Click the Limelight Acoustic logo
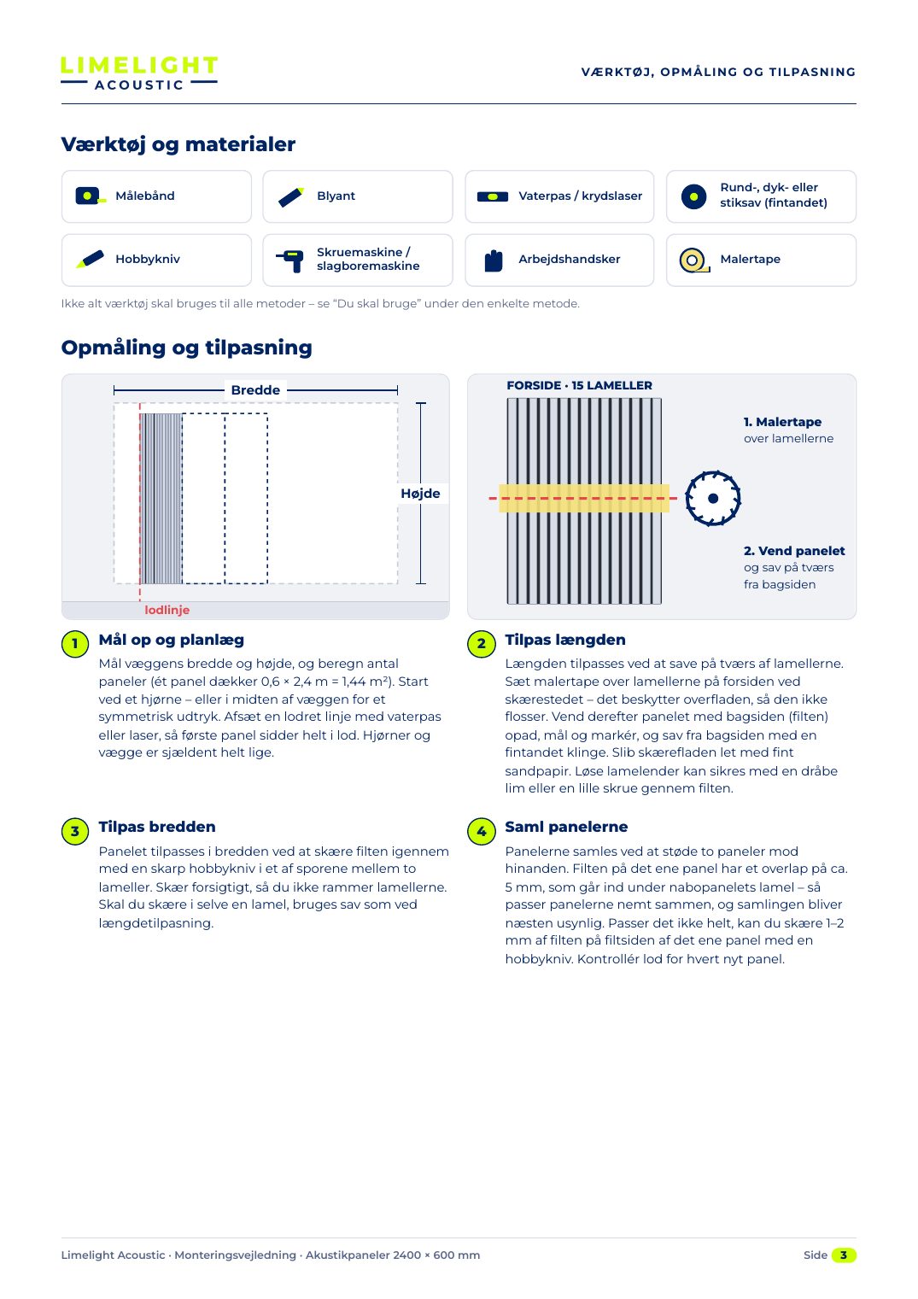point(139,73)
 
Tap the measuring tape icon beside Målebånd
point(91,196)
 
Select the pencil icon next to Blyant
point(290,197)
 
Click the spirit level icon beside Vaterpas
point(493,196)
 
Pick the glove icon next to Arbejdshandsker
point(493,260)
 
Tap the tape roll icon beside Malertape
point(694,260)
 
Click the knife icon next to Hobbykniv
point(90,260)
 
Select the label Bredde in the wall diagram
point(255,390)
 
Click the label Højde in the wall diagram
point(420,494)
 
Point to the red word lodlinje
point(167,610)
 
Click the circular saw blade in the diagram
point(713,498)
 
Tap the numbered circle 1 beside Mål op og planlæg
point(75,644)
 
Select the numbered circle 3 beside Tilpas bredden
point(75,831)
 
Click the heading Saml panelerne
point(566,827)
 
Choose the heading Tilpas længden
point(564,640)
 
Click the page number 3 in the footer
point(844,1255)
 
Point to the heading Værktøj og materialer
point(178,144)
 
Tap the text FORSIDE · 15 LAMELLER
point(579,386)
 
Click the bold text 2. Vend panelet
point(794,551)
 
